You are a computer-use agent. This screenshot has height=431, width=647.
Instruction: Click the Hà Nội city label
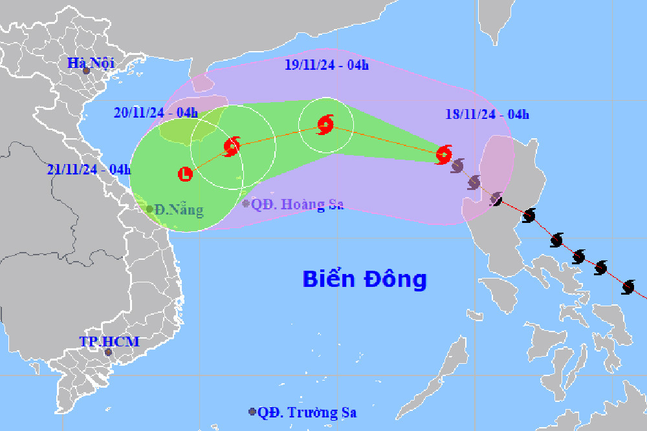[x=91, y=63]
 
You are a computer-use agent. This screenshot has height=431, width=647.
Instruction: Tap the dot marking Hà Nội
[x=86, y=70]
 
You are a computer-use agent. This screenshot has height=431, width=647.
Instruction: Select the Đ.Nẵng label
[x=179, y=210]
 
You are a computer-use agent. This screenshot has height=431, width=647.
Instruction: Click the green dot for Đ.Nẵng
[x=149, y=209]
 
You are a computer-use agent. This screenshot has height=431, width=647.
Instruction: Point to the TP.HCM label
[x=109, y=341]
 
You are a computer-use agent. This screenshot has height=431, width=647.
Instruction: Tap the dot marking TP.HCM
[x=109, y=352]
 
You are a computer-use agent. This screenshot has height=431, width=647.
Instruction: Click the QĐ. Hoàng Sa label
[x=298, y=204]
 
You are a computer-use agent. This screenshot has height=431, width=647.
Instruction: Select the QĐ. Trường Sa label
[x=307, y=412]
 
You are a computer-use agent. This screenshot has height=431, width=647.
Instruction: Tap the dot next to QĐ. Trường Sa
[x=252, y=412]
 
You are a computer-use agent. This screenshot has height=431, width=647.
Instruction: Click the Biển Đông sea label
[x=365, y=279]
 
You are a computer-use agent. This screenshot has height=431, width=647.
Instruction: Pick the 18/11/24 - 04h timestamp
[x=487, y=114]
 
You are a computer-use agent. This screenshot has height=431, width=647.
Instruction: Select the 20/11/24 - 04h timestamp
[x=156, y=112]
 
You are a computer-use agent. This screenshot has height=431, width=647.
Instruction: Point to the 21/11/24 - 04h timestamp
[x=89, y=169]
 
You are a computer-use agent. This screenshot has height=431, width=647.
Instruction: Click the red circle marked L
[x=186, y=173]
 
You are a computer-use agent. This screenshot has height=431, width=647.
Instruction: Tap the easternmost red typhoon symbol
[x=443, y=154]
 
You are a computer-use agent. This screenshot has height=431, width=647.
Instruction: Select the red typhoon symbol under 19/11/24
[x=325, y=124]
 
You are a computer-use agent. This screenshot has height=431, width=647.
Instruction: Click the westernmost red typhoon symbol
[x=231, y=147]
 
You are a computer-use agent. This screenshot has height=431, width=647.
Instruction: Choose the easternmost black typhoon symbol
[x=628, y=286]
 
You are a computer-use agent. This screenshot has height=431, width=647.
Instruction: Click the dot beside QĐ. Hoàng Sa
[x=246, y=204]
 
